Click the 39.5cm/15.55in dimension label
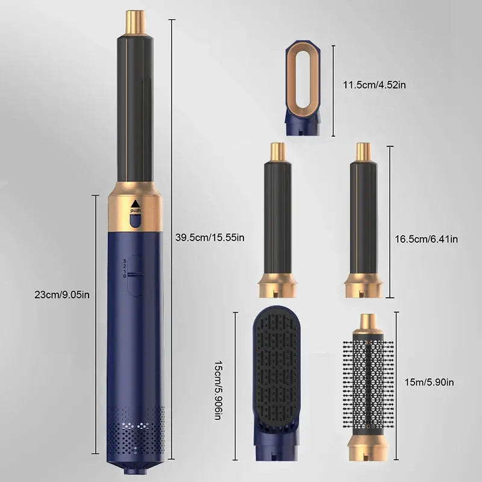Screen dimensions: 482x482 [210, 237]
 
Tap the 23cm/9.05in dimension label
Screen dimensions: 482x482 [62, 295]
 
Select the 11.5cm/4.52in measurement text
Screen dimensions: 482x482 [374, 84]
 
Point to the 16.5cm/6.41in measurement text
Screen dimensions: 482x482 [427, 239]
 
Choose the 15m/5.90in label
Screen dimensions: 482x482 [429, 382]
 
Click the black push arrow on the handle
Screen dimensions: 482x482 [135, 204]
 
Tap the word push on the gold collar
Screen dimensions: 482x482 [135, 210]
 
